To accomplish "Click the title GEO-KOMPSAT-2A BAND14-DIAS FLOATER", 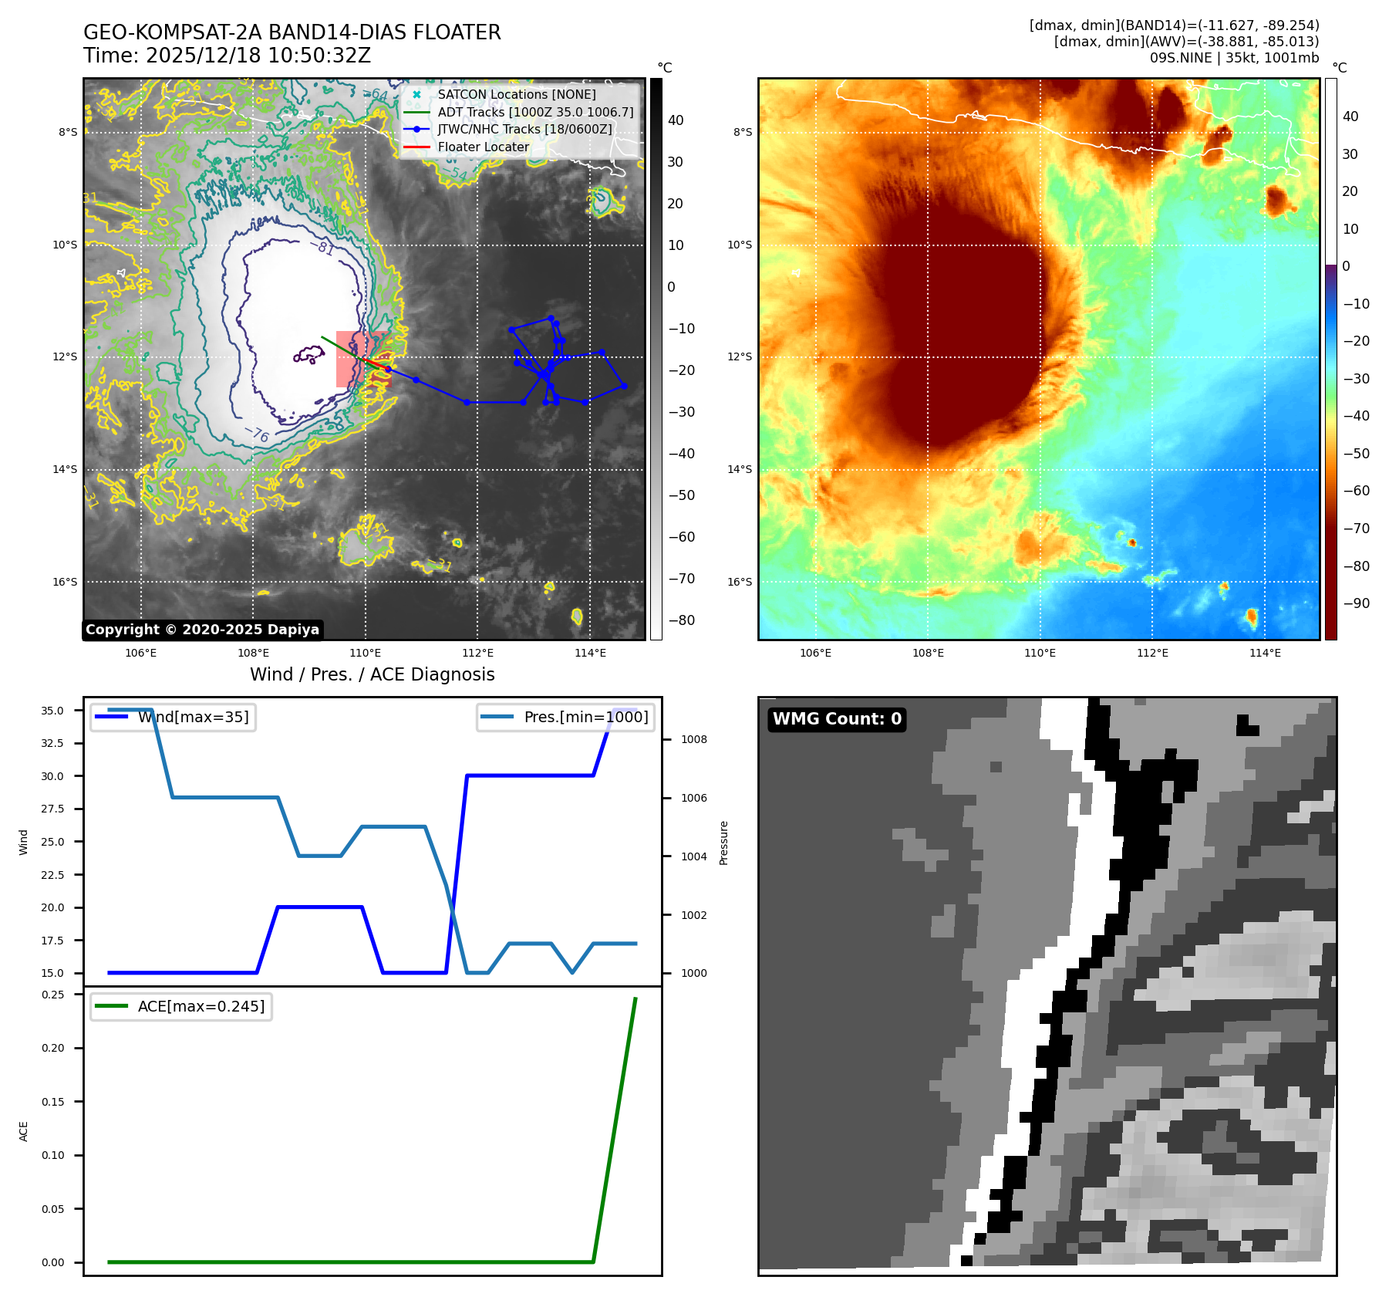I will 292,32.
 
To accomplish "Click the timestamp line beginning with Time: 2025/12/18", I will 227,56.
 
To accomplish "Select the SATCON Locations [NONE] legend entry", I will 516,94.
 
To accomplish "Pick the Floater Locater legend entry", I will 483,147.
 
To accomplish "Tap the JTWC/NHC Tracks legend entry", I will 524,129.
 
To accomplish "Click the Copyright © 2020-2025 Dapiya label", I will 202,630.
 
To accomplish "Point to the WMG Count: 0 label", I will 837,719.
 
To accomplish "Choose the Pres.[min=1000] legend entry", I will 585,717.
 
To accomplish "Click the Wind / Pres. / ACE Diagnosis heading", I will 372,674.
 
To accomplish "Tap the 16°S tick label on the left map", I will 65,583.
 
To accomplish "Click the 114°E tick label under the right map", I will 1265,653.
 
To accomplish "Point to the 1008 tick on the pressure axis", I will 693,739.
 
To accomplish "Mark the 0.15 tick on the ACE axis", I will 53,1102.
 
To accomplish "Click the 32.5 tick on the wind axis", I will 52,743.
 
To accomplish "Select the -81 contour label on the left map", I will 325,248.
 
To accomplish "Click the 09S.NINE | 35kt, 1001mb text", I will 1234,58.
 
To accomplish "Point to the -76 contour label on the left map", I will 257,434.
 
